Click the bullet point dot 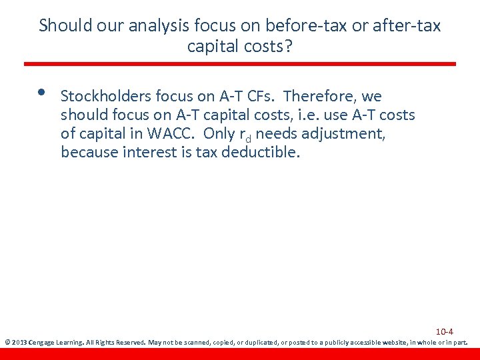pos(41,93)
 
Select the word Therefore pos(321,97)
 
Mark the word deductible pos(265,153)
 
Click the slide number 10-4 pos(445,332)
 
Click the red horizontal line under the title pos(240,64)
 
